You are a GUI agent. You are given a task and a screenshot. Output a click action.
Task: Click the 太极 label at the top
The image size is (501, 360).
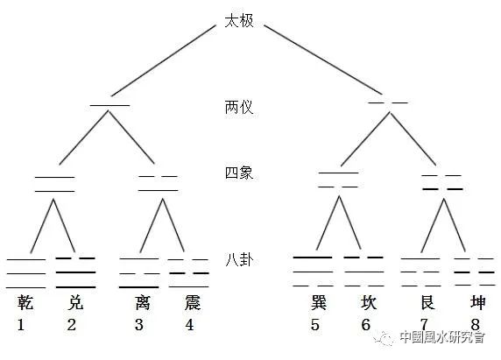(x=239, y=21)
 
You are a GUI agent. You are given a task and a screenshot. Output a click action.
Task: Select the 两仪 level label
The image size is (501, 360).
(x=239, y=107)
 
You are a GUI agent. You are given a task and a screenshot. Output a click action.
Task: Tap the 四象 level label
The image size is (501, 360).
(x=239, y=173)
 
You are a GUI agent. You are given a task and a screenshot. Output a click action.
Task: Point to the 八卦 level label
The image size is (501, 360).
(x=239, y=259)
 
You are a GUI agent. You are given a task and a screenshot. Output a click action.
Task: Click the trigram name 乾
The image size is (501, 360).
(x=25, y=302)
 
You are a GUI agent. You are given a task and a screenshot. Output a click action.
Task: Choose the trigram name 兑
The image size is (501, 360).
(x=75, y=302)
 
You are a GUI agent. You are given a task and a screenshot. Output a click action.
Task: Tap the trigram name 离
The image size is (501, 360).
(x=143, y=302)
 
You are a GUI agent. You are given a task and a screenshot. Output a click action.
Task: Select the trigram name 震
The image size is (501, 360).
(x=193, y=302)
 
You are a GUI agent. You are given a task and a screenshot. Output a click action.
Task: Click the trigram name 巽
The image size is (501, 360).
(x=319, y=302)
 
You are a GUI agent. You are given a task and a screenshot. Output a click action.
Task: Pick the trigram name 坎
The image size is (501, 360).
(x=369, y=302)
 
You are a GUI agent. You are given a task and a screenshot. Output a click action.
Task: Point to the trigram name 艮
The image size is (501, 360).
(x=427, y=302)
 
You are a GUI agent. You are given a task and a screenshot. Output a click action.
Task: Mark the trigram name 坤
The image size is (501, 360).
(x=477, y=302)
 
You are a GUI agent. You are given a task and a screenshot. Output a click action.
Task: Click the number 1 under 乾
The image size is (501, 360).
(x=21, y=325)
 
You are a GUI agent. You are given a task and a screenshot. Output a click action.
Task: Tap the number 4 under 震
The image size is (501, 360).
(x=189, y=325)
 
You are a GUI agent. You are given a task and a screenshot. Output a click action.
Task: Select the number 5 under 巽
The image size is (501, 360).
(x=315, y=325)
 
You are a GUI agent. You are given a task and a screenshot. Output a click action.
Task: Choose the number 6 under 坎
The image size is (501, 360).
(x=365, y=325)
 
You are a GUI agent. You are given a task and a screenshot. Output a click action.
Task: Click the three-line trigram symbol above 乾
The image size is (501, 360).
(x=26, y=274)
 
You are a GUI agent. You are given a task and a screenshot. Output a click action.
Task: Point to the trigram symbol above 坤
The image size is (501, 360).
(x=475, y=272)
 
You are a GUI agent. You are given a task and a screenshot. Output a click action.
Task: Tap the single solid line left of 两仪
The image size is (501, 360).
(x=109, y=105)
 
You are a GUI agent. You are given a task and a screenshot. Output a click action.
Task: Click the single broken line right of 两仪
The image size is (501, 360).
(x=388, y=102)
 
